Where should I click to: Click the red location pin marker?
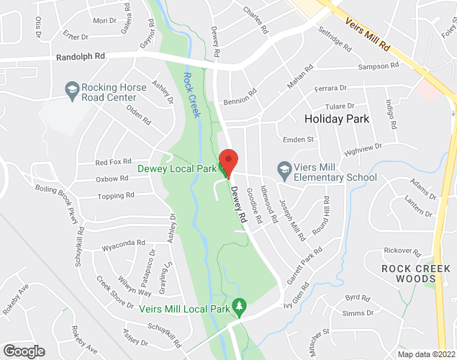pyautogui.click(x=228, y=162)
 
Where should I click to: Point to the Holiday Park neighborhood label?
pyautogui.click(x=337, y=119)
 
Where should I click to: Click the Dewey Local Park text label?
pyautogui.click(x=177, y=171)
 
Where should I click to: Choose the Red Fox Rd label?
pyautogui.click(x=114, y=162)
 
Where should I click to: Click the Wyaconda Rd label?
pyautogui.click(x=119, y=245)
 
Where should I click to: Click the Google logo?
pyautogui.click(x=23, y=351)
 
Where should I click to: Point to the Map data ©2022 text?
pyautogui.click(x=426, y=354)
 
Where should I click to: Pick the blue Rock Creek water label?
pyautogui.click(x=191, y=96)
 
